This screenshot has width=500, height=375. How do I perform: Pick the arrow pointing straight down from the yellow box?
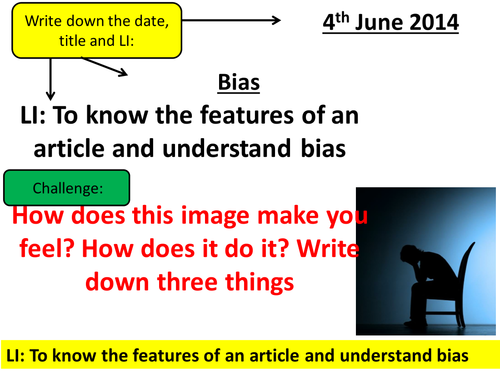tap(49, 81)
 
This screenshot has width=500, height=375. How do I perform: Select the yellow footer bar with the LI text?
tap(250, 355)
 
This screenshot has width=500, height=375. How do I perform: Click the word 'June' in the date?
tap(383, 21)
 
